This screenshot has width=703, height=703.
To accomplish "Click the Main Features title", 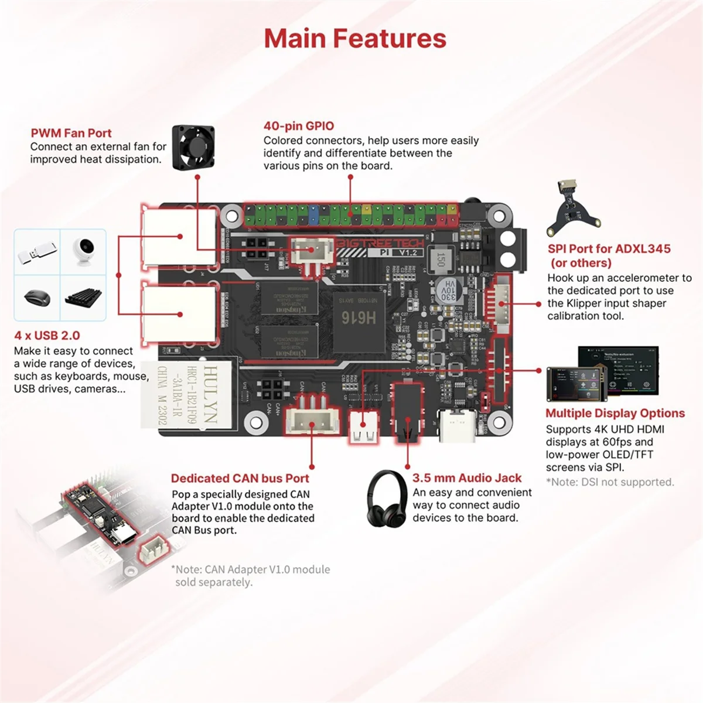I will pyautogui.click(x=355, y=39).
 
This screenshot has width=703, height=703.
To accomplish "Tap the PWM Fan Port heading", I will pyautogui.click(x=71, y=133).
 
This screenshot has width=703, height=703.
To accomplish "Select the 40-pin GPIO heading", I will pyautogui.click(x=299, y=126).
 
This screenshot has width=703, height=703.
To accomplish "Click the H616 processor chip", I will pyautogui.click(x=358, y=318).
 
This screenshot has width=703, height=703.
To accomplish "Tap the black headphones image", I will pyautogui.click(x=387, y=498).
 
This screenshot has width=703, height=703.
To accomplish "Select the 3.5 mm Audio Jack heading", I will pyautogui.click(x=466, y=478).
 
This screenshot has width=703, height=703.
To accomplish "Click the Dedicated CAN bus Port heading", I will pyautogui.click(x=240, y=478).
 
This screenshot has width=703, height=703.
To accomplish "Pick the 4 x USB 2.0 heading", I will pyautogui.click(x=47, y=336).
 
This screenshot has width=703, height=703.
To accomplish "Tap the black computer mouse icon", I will pyautogui.click(x=37, y=298).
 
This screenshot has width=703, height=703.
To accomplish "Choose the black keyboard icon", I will pyautogui.click(x=83, y=298).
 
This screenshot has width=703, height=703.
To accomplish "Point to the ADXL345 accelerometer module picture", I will pyautogui.click(x=573, y=208).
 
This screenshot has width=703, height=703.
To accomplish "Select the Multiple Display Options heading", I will pyautogui.click(x=615, y=413).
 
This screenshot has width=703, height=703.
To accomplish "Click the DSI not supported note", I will pyautogui.click(x=610, y=482).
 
